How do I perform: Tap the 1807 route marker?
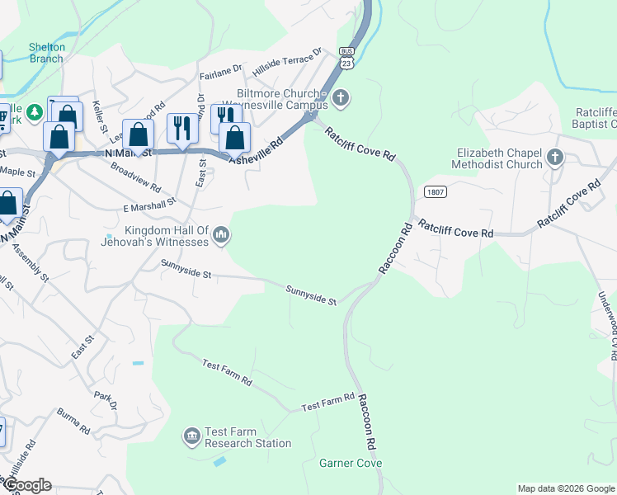point(436,191)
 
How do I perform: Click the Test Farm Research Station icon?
point(192,435)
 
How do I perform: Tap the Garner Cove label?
point(351,464)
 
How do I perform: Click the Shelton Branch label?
point(46,53)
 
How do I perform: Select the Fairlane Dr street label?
point(220,73)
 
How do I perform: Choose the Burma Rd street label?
point(73,421)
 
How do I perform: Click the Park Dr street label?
point(106,402)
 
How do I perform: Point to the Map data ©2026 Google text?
point(567,488)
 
